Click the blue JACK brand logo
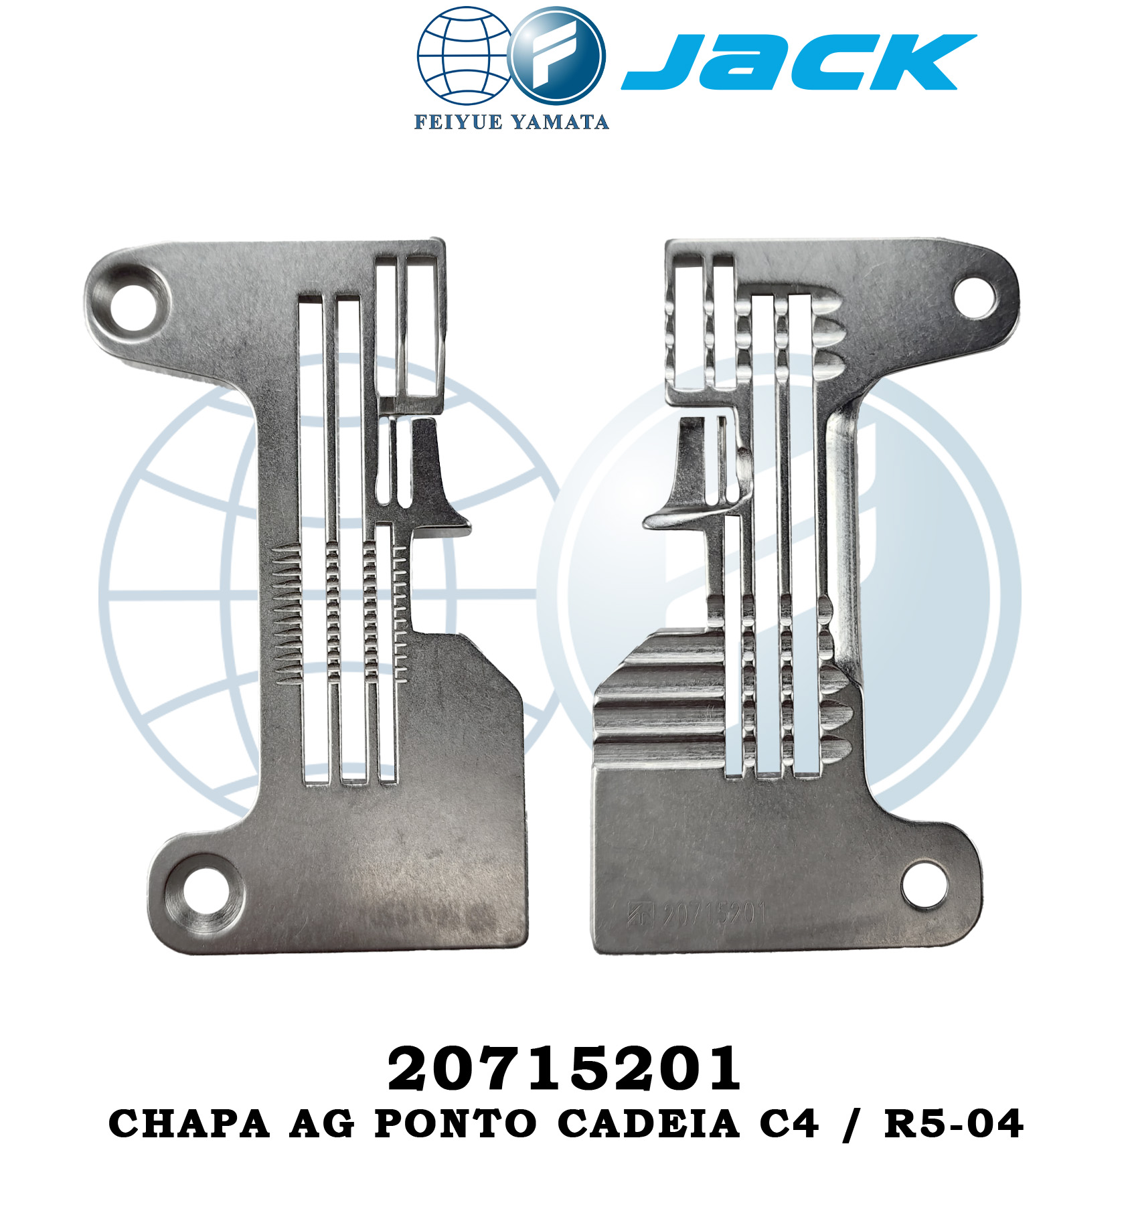point(799,62)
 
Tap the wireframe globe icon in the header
point(465,56)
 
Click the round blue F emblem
point(558,56)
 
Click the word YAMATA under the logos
point(560,122)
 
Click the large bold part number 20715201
point(565,1069)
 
